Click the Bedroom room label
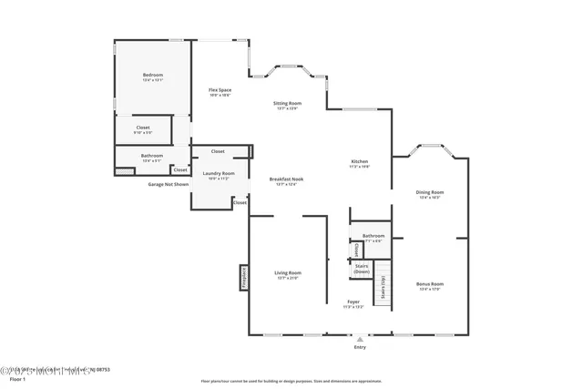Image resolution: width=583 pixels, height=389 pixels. tap(152, 75)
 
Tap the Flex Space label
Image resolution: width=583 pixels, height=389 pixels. tap(220, 90)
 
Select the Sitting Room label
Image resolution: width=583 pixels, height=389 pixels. tap(287, 104)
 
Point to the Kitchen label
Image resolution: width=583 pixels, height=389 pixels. tap(360, 162)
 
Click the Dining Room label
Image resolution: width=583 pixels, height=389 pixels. tap(430, 192)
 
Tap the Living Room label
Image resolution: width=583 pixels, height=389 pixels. tap(288, 272)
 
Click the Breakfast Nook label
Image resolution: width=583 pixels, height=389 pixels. tap(286, 179)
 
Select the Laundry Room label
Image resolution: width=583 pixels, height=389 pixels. tap(219, 174)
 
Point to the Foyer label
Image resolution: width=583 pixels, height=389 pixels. tap(353, 302)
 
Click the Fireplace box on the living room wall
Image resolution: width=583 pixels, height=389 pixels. tap(244, 277)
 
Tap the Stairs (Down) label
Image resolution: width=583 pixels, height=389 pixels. tap(362, 269)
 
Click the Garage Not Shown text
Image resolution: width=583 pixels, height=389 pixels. tap(169, 184)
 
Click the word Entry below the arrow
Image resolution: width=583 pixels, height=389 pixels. tap(360, 347)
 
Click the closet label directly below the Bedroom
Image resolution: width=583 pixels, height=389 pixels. tap(143, 128)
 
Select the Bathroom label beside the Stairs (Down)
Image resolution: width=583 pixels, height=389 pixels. tap(373, 236)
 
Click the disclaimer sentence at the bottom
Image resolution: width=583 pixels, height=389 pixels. tap(291, 381)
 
